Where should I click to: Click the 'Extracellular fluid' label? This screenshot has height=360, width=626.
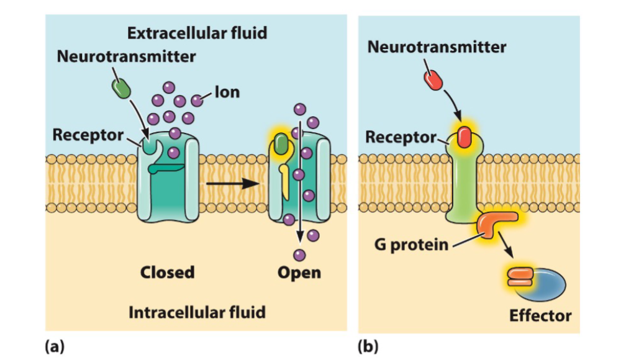coord(197,32)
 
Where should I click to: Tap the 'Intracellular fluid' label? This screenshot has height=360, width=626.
coord(197,312)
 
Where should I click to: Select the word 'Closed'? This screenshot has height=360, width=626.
coord(167,272)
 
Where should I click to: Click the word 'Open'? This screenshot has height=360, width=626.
coord(299,272)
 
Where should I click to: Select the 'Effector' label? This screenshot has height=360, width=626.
coord(540,316)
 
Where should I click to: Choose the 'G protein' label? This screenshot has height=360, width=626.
coord(411,244)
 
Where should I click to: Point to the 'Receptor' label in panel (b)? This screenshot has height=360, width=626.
coord(401,137)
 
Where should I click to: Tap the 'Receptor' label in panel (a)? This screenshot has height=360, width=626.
coord(88,134)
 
